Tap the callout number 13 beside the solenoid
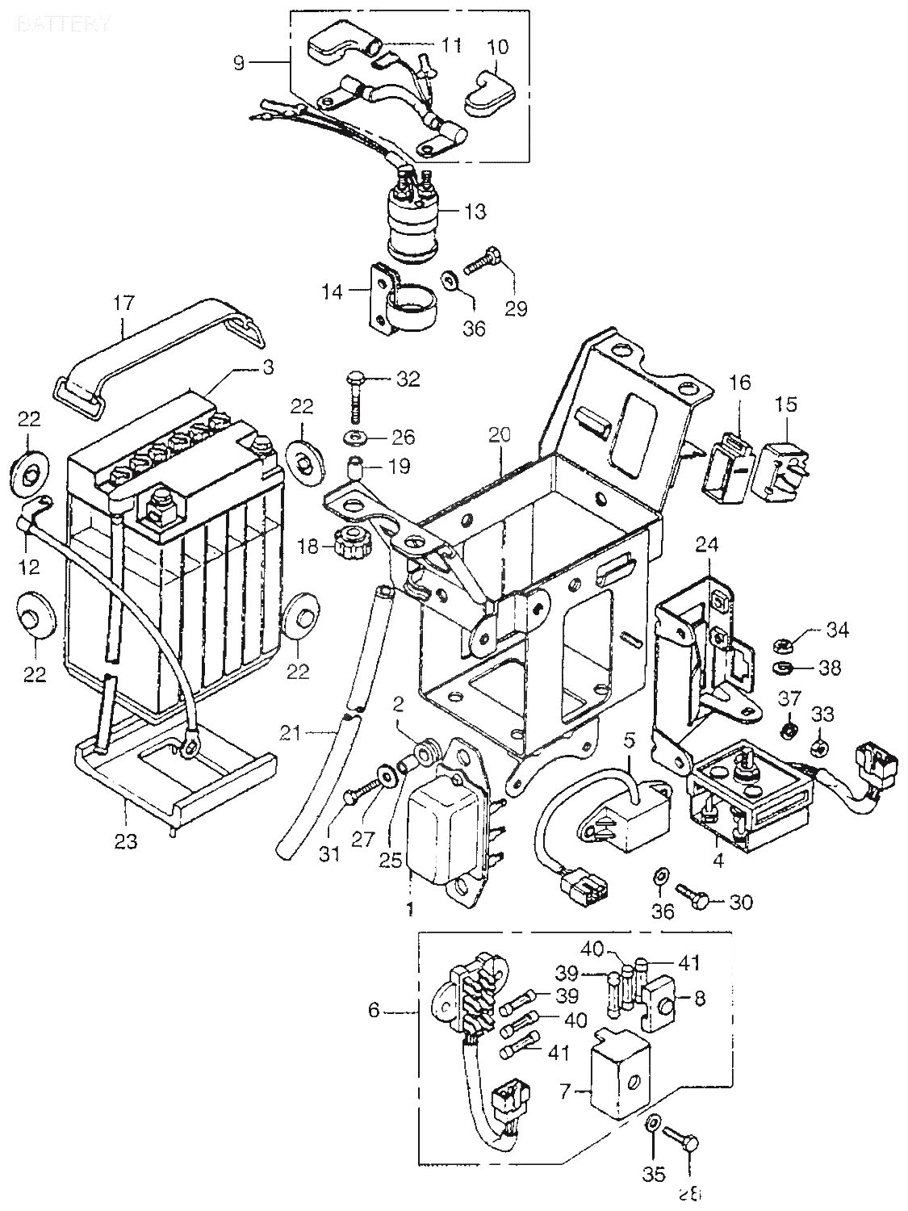(475, 212)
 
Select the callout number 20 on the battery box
(500, 435)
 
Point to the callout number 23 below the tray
(126, 841)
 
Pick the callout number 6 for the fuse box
(373, 1010)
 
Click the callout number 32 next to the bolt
(408, 379)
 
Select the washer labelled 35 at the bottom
(653, 1122)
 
